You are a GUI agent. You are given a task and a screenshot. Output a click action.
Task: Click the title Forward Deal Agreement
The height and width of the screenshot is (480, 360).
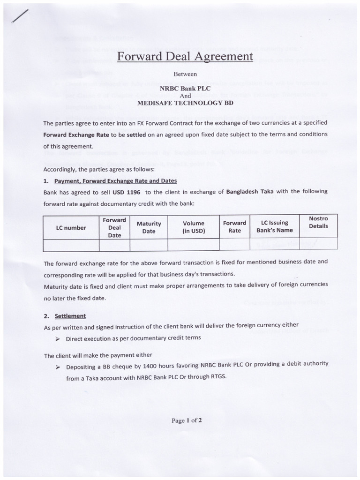point(184,57)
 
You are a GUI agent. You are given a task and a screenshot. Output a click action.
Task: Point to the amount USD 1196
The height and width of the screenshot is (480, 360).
point(128,192)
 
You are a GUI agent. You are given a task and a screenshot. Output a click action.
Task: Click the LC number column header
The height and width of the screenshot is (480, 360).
point(71,227)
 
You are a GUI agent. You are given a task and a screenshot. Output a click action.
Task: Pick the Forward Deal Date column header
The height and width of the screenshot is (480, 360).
point(114,227)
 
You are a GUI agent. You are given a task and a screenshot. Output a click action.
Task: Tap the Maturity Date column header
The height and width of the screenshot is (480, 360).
point(149,227)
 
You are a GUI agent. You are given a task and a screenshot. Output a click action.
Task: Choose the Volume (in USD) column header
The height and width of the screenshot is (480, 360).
point(194,227)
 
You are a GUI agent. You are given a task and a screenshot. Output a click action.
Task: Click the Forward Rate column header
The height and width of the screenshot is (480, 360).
point(234,226)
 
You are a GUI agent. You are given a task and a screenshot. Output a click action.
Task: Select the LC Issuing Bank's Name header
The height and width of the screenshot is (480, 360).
point(274,226)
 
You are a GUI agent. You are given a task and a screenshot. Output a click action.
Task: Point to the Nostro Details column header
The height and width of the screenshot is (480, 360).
point(318,222)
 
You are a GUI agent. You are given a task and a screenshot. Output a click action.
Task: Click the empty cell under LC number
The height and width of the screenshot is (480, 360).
point(71,245)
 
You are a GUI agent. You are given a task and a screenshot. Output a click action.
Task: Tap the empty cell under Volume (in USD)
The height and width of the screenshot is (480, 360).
point(194,245)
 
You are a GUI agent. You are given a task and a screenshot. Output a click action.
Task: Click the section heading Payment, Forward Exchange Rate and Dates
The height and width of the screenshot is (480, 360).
point(115,181)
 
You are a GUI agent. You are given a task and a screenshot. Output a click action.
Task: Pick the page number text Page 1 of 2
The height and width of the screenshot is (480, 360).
point(186,420)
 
